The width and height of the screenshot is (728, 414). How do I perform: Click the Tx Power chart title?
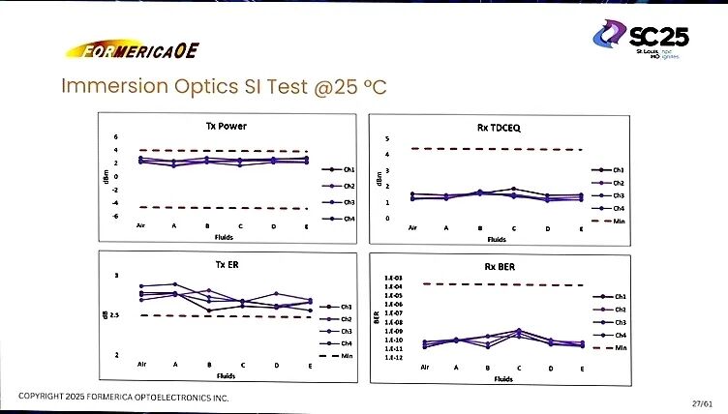point(226,126)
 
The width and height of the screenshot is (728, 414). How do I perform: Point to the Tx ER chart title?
point(226,263)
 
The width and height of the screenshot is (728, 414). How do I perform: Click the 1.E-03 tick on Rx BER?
point(393,278)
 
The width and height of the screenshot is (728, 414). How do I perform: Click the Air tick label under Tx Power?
point(140,226)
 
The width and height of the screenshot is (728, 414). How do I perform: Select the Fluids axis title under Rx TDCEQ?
point(497,238)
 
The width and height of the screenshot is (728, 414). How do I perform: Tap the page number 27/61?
point(703,401)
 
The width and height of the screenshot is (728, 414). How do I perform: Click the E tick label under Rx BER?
point(581,369)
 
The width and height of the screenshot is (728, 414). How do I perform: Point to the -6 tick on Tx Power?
point(116,216)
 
